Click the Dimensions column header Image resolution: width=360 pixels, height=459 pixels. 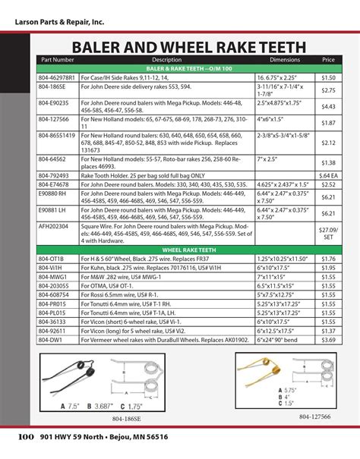pos(285,59)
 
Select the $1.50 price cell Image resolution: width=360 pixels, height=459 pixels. pos(328,77)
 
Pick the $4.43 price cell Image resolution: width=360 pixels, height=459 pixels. pos(328,107)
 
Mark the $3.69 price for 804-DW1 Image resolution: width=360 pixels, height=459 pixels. pos(328,341)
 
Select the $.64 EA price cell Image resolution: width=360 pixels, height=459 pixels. pos(328,175)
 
